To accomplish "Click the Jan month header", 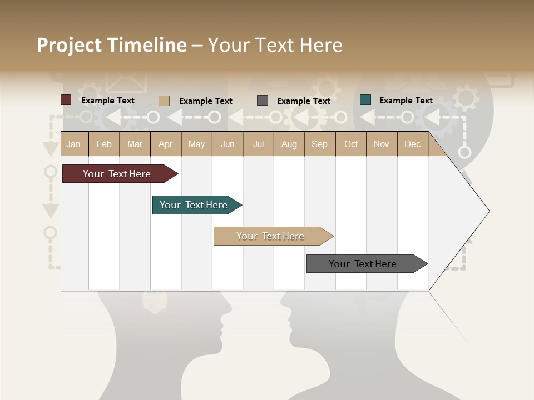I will tap(73, 144).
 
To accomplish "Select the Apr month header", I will tap(166, 144).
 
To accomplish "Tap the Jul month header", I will tap(258, 144).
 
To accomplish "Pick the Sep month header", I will tap(319, 144).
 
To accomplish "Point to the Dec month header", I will tap(412, 144).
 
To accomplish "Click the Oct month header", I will tap(351, 144).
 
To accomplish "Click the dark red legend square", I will tap(66, 100).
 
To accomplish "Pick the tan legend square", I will tap(164, 101).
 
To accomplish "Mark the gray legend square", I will tap(263, 101).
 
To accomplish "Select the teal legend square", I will tap(365, 100).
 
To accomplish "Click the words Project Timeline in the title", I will tap(111, 45).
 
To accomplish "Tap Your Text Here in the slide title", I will tap(275, 45).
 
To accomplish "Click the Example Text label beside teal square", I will tap(406, 101).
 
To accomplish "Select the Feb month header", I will tap(104, 144).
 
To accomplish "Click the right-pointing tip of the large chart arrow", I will tap(488, 211).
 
